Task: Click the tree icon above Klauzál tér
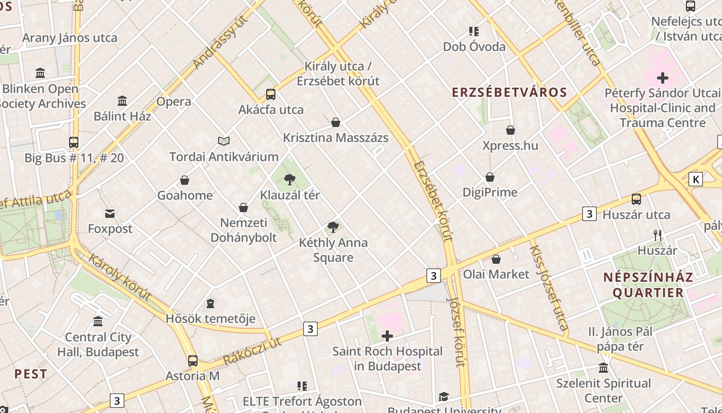tap(290, 180)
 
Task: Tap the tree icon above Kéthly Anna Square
tap(333, 227)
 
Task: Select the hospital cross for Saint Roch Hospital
tap(387, 337)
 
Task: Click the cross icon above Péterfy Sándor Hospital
tap(663, 78)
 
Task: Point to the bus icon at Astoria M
tap(193, 361)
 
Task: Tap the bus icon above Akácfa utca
tap(271, 94)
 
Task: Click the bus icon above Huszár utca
tap(636, 199)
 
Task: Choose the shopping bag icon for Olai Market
tap(496, 259)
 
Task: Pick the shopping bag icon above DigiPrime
tap(490, 177)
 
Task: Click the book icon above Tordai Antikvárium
tap(224, 141)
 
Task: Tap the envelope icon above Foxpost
tap(110, 214)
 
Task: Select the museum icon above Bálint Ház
tap(122, 101)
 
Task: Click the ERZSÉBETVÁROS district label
tap(510, 92)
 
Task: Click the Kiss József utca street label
tap(549, 287)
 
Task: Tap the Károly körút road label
tap(120, 277)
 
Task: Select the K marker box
tap(696, 179)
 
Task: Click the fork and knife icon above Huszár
tap(658, 235)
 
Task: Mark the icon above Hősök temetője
tap(210, 303)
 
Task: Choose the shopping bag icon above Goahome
tap(185, 180)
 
